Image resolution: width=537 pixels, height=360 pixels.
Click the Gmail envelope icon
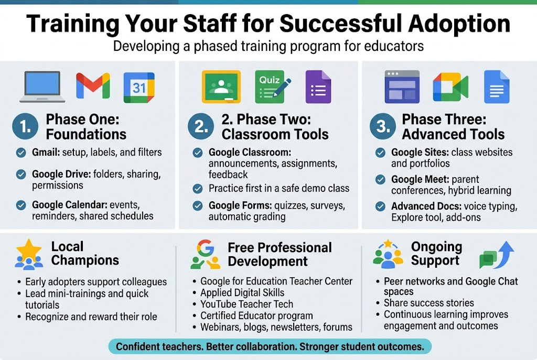coord(93,86)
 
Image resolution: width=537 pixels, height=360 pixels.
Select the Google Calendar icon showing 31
coord(139,88)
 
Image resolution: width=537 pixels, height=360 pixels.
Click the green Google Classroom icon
coord(221,86)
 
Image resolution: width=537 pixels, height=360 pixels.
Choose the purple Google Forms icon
coord(318,86)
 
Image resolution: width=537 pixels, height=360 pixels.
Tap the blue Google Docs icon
coord(496,86)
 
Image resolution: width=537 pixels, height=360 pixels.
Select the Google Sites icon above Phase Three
coord(402,86)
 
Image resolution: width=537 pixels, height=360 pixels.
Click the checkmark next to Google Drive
coord(21,174)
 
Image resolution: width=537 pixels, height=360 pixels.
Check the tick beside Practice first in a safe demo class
coord(198,189)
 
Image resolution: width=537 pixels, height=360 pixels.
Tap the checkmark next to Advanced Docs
coord(381,206)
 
